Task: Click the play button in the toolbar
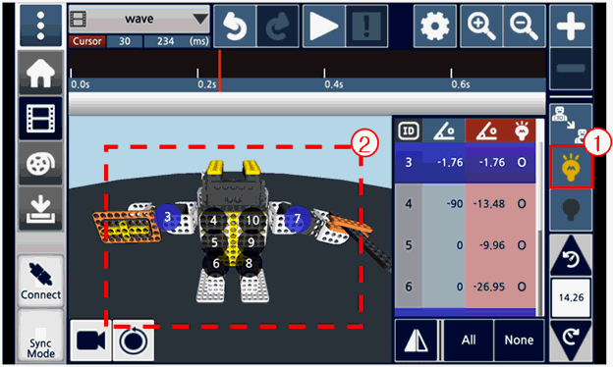click(x=324, y=26)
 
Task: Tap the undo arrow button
click(x=235, y=26)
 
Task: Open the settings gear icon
click(x=435, y=26)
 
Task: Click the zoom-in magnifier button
click(x=481, y=26)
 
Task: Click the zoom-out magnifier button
click(x=525, y=26)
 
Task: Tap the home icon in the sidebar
click(x=40, y=73)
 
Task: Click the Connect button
click(x=40, y=281)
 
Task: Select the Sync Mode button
click(x=40, y=337)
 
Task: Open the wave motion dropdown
click(x=139, y=19)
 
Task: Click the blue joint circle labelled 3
click(x=168, y=217)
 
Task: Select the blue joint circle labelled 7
click(x=298, y=218)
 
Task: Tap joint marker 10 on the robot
click(x=252, y=221)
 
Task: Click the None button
click(x=519, y=341)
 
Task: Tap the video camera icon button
click(x=90, y=341)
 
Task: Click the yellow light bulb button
click(x=571, y=167)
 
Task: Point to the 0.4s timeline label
click(x=333, y=84)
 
